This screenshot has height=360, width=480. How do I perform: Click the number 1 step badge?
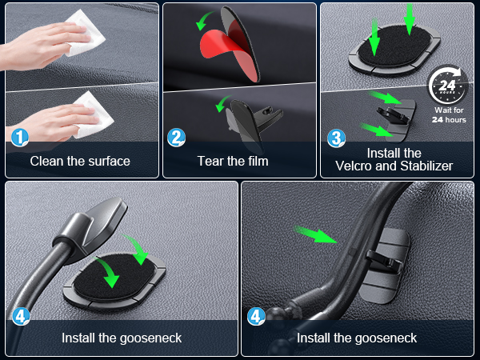pos(20,138)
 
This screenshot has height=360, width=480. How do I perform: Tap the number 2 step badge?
pos(176,138)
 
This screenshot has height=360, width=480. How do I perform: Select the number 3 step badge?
pos(337,138)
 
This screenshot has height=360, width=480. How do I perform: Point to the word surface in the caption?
pos(107,161)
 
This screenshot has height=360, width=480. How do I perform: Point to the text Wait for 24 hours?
pos(449,114)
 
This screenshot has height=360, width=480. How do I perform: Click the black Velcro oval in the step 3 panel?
pos(384,49)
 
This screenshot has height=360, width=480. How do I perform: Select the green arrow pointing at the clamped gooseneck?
pos(317,234)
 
